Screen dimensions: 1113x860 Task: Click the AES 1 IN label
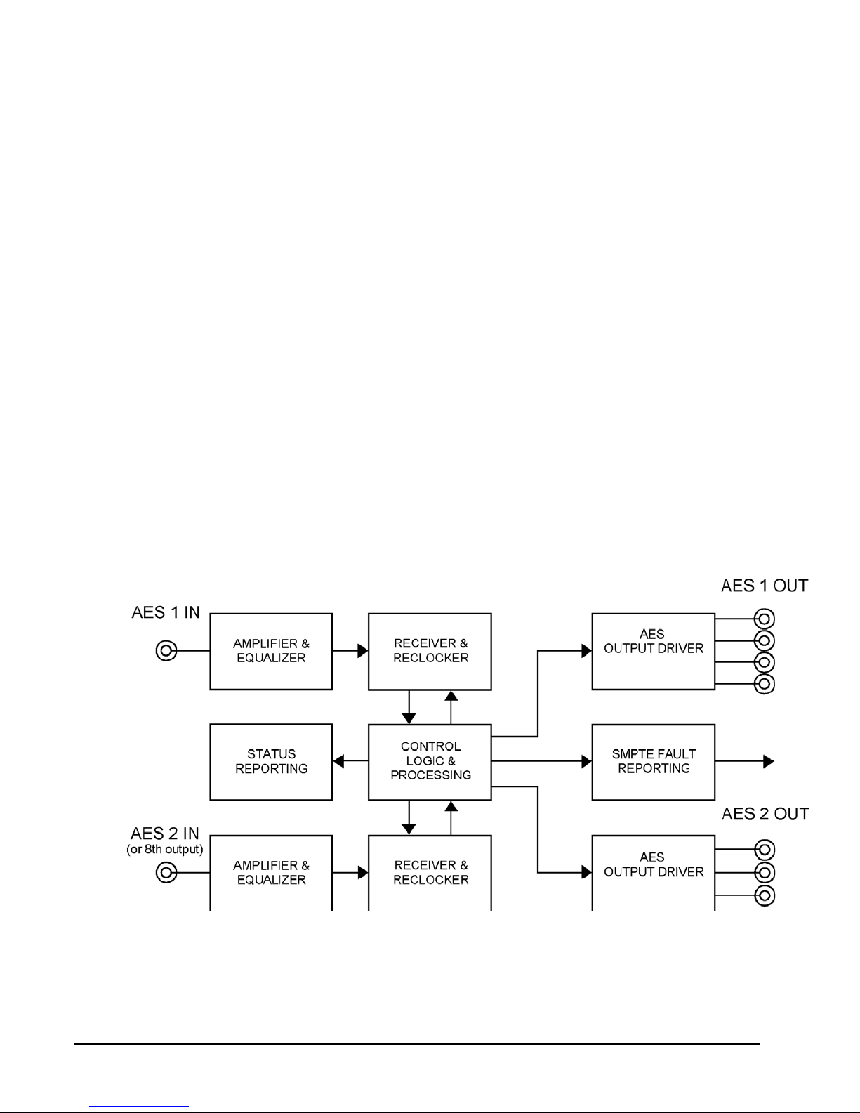pos(166,612)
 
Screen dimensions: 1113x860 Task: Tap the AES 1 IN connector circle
pos(166,651)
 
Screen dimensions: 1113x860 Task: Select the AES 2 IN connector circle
pos(166,873)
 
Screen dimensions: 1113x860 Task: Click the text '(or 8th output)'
pos(165,850)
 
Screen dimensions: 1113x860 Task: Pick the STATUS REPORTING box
pos(271,762)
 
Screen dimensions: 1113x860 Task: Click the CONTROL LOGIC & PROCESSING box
pos(430,762)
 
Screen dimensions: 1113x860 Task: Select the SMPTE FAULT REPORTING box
pos(654,762)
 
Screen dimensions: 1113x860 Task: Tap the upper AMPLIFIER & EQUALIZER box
pos(271,651)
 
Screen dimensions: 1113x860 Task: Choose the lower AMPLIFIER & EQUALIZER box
pos(271,873)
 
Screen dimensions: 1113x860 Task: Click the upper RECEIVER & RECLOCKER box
pos(430,651)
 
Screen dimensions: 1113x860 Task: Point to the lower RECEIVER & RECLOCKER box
pos(430,873)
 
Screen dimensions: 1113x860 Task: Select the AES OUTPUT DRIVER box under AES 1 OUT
pos(654,651)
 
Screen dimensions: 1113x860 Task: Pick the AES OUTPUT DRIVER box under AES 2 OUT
pos(654,873)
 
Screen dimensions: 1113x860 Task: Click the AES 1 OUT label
pos(765,586)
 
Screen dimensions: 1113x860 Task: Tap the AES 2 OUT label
pos(765,814)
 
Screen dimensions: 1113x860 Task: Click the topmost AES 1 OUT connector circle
pos(765,619)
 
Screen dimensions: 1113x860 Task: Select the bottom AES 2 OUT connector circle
pos(765,895)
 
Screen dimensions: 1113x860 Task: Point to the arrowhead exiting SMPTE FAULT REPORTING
pos(769,761)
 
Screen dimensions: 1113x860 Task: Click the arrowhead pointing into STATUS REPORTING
pos(338,761)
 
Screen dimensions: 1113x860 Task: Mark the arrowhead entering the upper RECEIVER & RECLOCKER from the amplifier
pos(363,651)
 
